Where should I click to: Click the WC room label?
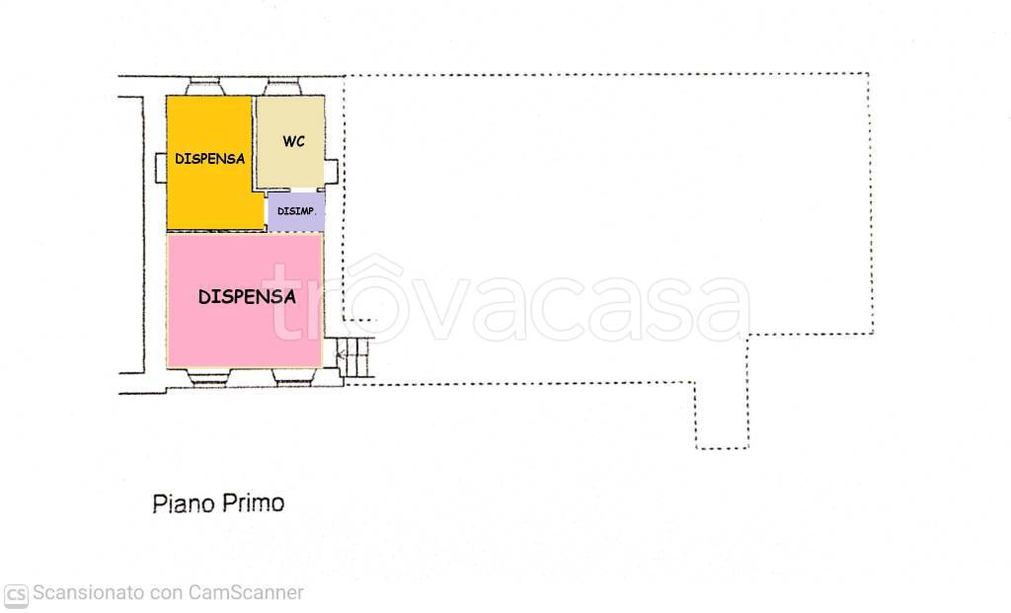coord(293,141)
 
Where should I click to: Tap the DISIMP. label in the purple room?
coord(296,211)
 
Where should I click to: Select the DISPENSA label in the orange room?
coord(209,159)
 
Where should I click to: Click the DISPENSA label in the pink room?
coord(247,296)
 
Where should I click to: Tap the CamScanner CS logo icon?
coord(16,595)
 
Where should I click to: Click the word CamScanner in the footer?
coord(246,592)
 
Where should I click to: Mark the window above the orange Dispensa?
coord(205,87)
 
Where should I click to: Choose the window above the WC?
coord(282,87)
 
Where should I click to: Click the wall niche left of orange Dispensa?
coord(161,168)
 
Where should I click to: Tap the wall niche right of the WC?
coord(332,172)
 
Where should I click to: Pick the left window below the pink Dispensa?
coord(207,377)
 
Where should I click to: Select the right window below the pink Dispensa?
coord(293,377)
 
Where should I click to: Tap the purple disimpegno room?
coord(296,211)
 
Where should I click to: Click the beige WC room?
coord(290,142)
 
